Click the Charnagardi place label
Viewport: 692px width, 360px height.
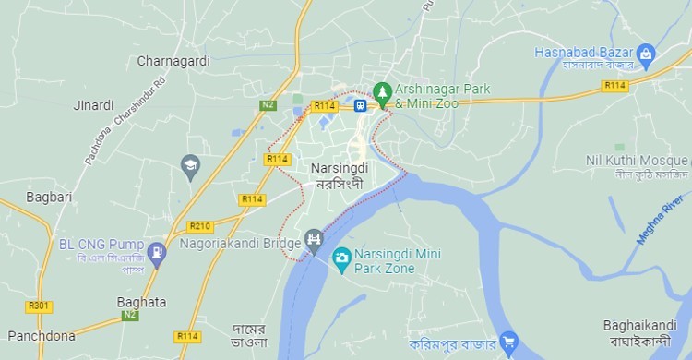[x=173, y=61]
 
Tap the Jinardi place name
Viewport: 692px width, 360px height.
[x=93, y=105]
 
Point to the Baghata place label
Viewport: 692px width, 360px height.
[x=141, y=302]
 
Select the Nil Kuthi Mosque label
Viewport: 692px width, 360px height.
[x=637, y=161]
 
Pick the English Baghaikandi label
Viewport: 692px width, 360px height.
[x=637, y=325]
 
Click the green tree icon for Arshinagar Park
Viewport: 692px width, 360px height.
[x=382, y=91]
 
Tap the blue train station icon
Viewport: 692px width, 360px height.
[x=361, y=105]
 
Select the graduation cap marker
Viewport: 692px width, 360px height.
[x=191, y=165]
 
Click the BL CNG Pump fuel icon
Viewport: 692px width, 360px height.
[x=157, y=250]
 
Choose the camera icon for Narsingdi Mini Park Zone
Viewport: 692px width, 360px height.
[x=341, y=255]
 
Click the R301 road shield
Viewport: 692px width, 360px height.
[x=39, y=306]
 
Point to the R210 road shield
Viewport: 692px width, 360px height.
[x=199, y=226]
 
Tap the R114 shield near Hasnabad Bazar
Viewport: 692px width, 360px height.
[x=614, y=85]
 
